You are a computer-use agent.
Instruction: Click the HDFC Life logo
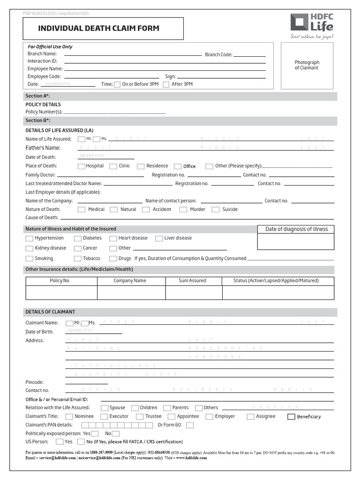(x=312, y=26)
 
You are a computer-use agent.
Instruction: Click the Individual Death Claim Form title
(x=98, y=29)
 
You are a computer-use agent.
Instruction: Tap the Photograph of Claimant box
(x=307, y=65)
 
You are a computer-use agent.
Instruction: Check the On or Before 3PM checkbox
(x=117, y=84)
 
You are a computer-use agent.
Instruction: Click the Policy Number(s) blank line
(x=114, y=112)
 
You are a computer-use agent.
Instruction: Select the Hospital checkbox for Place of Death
(x=82, y=166)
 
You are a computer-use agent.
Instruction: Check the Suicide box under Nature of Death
(x=216, y=210)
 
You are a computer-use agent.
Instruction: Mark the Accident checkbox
(x=146, y=210)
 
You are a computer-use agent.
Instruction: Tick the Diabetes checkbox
(x=77, y=238)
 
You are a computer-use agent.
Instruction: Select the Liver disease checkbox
(x=159, y=238)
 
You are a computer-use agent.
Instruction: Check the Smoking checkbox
(x=30, y=259)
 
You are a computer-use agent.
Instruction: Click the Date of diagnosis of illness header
(x=296, y=229)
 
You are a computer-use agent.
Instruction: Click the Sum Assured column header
(x=193, y=281)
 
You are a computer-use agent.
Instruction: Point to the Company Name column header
(x=130, y=281)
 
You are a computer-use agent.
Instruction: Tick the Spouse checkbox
(x=105, y=408)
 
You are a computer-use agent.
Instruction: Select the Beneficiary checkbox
(x=291, y=416)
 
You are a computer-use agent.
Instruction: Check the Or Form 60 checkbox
(x=190, y=425)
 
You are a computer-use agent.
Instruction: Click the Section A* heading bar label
(x=35, y=96)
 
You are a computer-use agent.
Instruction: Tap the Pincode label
(x=34, y=382)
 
